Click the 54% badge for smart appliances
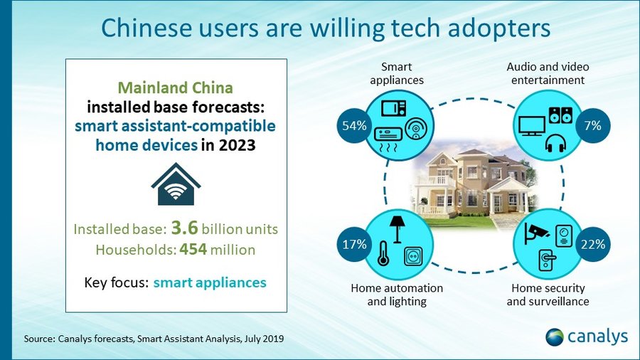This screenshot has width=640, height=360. click(x=354, y=126)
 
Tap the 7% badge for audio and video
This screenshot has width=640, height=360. click(x=592, y=126)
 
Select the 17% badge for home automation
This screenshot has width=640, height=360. click(x=354, y=244)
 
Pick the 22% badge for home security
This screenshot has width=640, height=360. click(x=592, y=244)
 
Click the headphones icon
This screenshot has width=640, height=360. click(x=555, y=143)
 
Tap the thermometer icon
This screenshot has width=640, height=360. click(x=383, y=253)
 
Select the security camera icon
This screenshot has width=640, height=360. click(x=536, y=233)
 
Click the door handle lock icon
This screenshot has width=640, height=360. click(x=547, y=260)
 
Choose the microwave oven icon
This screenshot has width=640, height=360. click(x=393, y=108)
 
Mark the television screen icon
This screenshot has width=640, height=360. click(x=532, y=126)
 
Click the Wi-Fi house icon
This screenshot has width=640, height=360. click(x=176, y=184)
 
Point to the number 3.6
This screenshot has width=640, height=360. click(x=184, y=228)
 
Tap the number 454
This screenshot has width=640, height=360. click(x=193, y=249)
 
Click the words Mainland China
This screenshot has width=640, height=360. click(x=176, y=88)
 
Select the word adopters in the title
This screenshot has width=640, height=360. click(x=499, y=28)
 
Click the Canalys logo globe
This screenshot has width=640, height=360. click(x=555, y=337)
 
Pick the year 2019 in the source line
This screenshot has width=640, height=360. click(x=273, y=339)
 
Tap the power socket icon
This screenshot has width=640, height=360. click(x=413, y=256)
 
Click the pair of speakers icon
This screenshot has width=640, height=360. click(x=561, y=115)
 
